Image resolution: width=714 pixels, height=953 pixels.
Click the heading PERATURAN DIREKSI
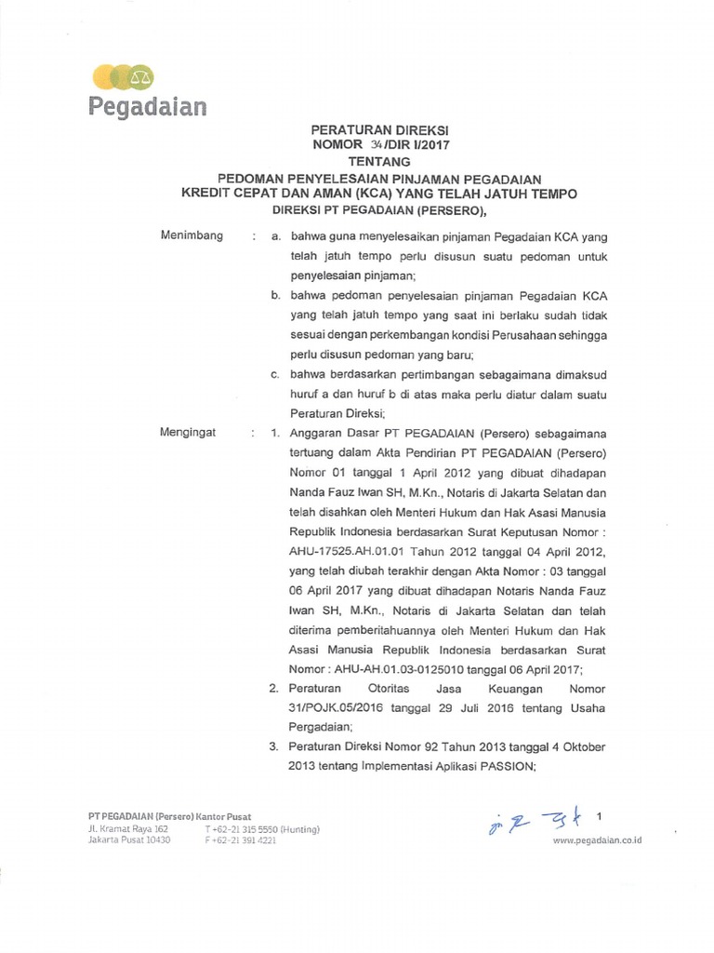378,130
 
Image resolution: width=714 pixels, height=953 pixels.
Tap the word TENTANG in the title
378,161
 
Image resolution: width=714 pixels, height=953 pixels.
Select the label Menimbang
192,235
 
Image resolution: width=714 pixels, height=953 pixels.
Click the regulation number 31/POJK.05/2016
337,708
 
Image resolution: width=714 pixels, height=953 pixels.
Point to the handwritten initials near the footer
528,822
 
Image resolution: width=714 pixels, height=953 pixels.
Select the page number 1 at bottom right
600,816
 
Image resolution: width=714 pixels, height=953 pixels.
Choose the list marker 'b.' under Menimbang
276,295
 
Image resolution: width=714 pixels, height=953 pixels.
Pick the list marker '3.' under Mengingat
274,747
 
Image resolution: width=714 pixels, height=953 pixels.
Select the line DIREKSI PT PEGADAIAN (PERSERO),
378,210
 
